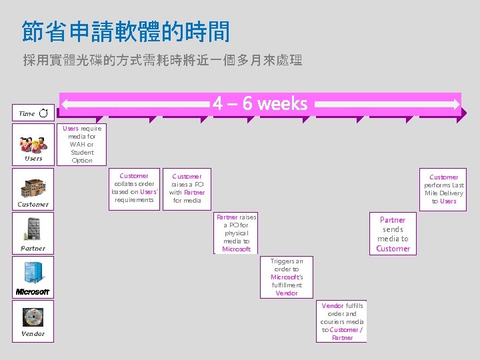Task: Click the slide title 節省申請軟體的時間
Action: [125, 31]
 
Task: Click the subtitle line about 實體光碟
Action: [162, 61]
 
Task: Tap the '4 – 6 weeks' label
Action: [260, 103]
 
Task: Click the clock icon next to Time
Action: [43, 114]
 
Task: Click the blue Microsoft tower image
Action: [33, 273]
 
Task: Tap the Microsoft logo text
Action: [33, 291]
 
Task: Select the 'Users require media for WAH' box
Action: [82, 144]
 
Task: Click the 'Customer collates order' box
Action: [134, 188]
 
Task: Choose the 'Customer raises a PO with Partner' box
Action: [187, 188]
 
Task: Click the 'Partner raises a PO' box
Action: [237, 233]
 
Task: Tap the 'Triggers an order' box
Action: [287, 277]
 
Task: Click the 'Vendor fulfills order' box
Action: [342, 321]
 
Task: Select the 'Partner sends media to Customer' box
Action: [393, 234]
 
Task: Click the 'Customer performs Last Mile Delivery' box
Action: [443, 189]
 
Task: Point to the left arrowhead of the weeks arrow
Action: [66, 104]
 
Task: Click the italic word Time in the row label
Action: [27, 114]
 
